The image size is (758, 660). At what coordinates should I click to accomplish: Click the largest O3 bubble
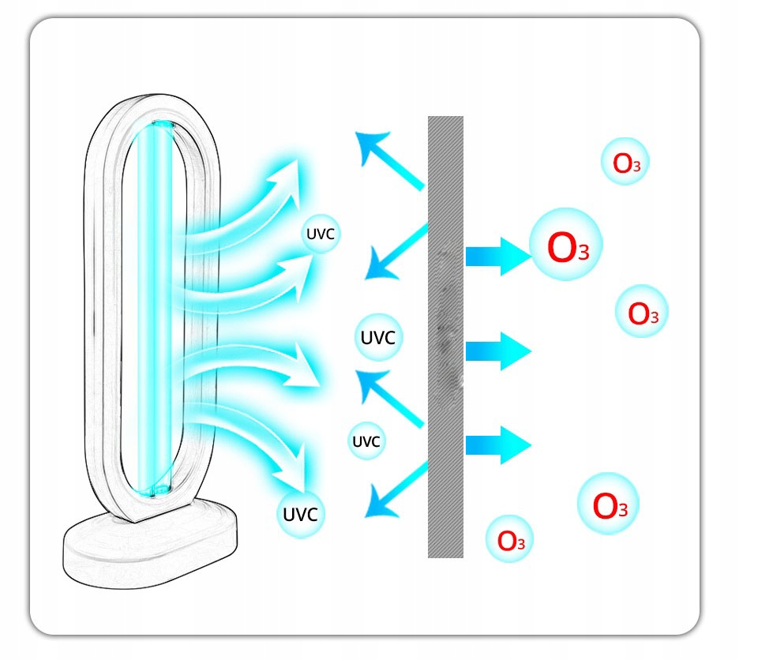coord(565,247)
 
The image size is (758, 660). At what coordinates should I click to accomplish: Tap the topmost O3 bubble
coord(625,163)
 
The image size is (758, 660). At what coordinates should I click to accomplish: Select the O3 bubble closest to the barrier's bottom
coord(509,539)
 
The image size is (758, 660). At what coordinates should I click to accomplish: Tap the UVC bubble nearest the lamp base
coord(300,514)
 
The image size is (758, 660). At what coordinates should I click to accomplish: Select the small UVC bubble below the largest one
coord(366,441)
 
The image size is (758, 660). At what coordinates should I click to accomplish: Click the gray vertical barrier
coord(445,337)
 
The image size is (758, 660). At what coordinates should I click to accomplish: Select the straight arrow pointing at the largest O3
coord(497,255)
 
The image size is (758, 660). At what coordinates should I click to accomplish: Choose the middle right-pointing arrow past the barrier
coord(497,350)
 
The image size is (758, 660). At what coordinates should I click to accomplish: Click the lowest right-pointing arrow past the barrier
coord(497,446)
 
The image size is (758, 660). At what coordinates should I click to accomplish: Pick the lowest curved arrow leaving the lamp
coord(261,442)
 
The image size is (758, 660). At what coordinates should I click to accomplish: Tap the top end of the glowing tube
coord(161,126)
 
